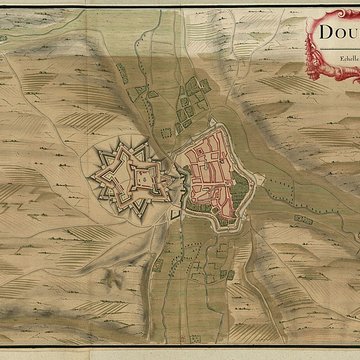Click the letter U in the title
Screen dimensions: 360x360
348,34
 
